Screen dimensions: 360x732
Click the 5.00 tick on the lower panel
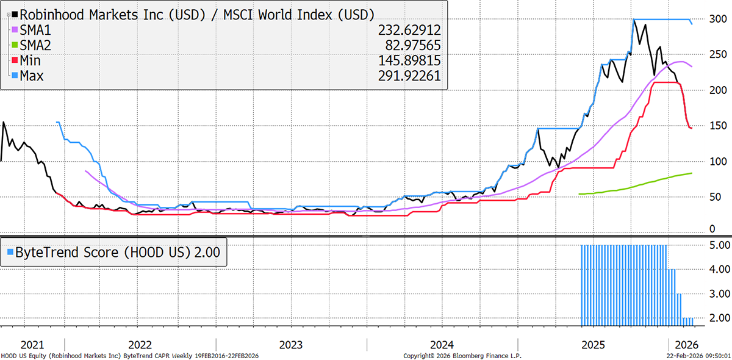712,245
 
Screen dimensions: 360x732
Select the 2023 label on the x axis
291,345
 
